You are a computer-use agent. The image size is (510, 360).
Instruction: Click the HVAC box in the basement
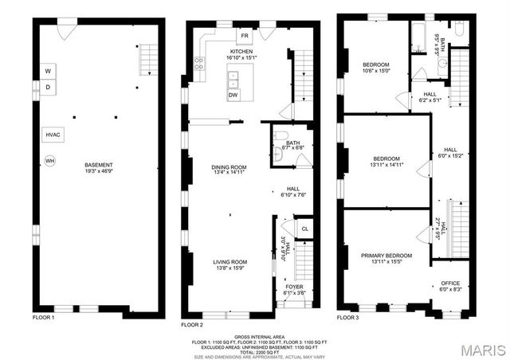click(53, 135)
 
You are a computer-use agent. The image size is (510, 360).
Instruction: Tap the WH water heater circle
click(49, 161)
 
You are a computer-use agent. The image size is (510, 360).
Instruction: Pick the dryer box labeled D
click(48, 87)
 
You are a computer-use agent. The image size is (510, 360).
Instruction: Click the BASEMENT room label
click(99, 165)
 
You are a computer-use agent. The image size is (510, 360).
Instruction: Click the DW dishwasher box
click(233, 95)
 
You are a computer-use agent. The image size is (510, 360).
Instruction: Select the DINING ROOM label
click(229, 167)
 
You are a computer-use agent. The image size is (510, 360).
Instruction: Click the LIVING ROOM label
click(229, 261)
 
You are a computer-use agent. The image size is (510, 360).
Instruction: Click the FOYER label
click(295, 286)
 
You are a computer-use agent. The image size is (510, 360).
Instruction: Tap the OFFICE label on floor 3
click(451, 284)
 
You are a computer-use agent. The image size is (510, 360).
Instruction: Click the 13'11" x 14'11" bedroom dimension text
click(386, 165)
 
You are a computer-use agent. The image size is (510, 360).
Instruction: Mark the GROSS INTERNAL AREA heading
click(257, 337)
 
